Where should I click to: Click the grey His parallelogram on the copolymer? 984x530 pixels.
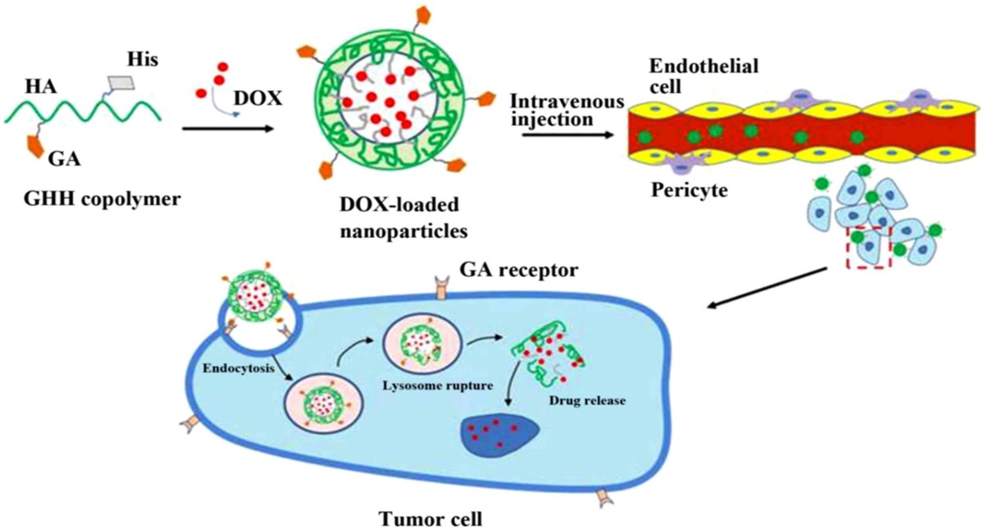click(121, 83)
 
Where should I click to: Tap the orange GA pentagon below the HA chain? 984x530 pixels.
click(36, 145)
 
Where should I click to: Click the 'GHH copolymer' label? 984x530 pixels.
click(102, 199)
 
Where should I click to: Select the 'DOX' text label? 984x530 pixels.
click(257, 98)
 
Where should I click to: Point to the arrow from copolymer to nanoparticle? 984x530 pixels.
click(229, 128)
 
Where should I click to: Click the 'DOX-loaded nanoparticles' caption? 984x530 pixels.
click(403, 217)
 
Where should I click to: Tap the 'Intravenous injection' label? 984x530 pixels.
click(567, 110)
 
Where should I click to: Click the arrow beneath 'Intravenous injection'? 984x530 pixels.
click(568, 135)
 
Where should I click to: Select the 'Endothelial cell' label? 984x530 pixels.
click(704, 75)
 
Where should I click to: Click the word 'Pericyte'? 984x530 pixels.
click(690, 190)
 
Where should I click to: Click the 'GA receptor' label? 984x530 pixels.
click(519, 269)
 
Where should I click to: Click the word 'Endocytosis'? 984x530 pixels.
click(239, 368)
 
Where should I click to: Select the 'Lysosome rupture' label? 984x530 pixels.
click(438, 386)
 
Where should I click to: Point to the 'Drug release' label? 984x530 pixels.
click(587, 400)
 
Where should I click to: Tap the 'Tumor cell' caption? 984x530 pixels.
click(430, 519)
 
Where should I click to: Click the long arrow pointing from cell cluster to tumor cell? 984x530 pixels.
click(767, 288)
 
